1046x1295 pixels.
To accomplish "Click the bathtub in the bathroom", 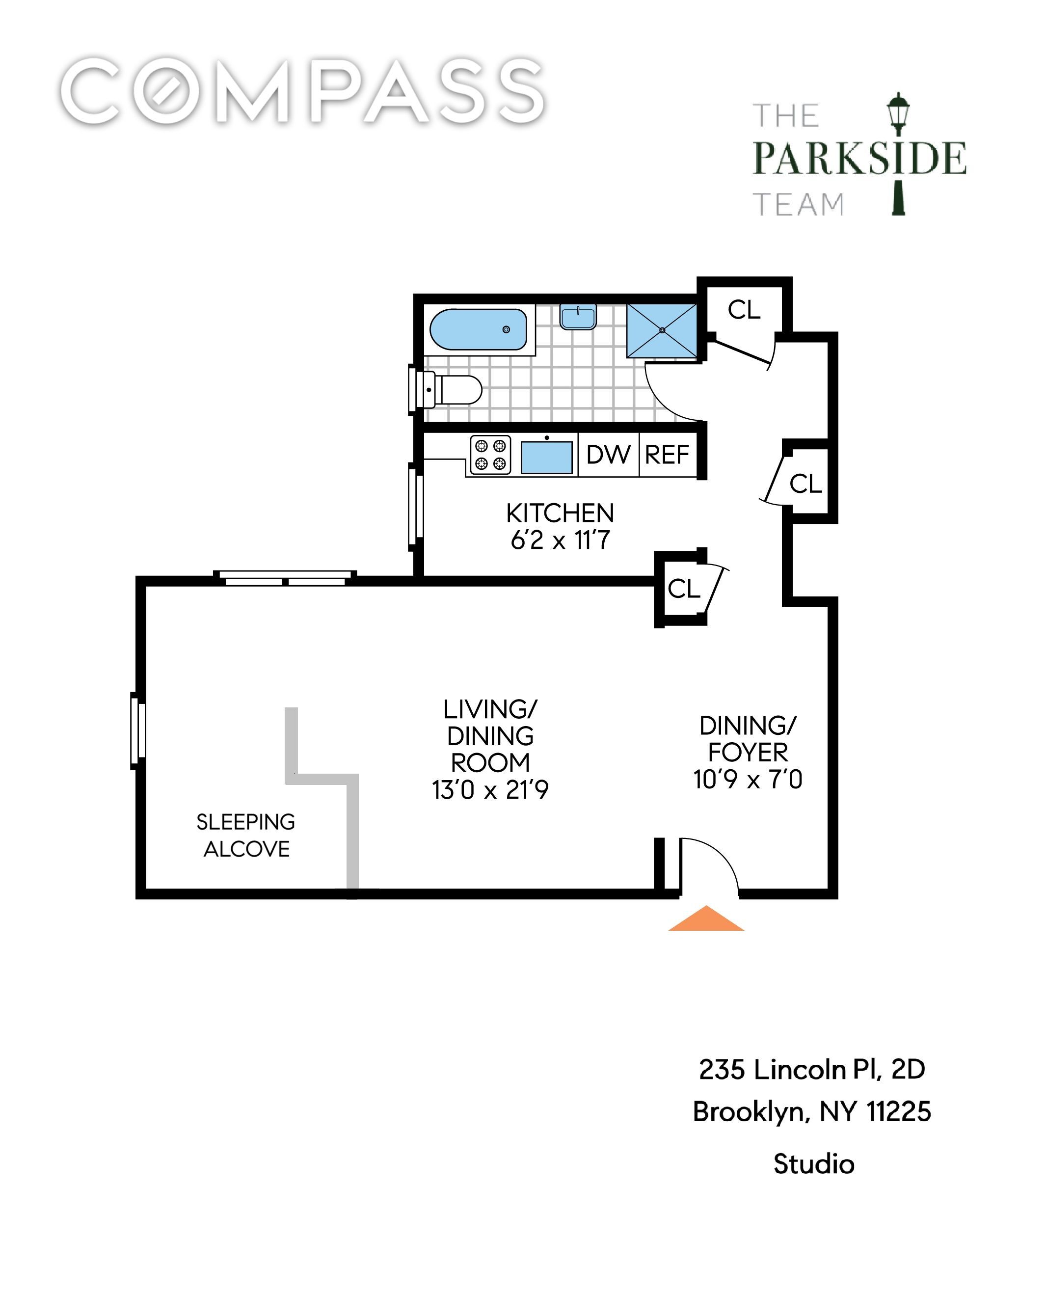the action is click(x=479, y=329).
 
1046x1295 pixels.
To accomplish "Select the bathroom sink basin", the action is click(x=578, y=317).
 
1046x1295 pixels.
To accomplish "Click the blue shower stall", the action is click(x=662, y=330).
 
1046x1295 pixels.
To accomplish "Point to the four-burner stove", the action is click(x=490, y=455).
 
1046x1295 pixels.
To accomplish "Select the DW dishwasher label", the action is click(x=608, y=455).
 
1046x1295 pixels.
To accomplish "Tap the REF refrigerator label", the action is click(x=667, y=455).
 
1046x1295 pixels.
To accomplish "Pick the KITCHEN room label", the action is click(x=560, y=513).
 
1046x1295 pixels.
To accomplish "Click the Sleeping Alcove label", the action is click(x=246, y=835).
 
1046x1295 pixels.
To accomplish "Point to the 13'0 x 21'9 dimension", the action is click(x=490, y=790).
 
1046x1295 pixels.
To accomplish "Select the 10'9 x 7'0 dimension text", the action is click(x=748, y=780).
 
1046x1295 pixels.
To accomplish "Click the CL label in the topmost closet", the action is click(x=744, y=310).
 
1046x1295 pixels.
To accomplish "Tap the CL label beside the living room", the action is click(x=684, y=589).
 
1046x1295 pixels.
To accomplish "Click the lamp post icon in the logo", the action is click(x=898, y=154).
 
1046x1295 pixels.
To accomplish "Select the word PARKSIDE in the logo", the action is click(x=859, y=158).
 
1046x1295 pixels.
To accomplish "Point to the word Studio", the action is click(x=814, y=1164).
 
